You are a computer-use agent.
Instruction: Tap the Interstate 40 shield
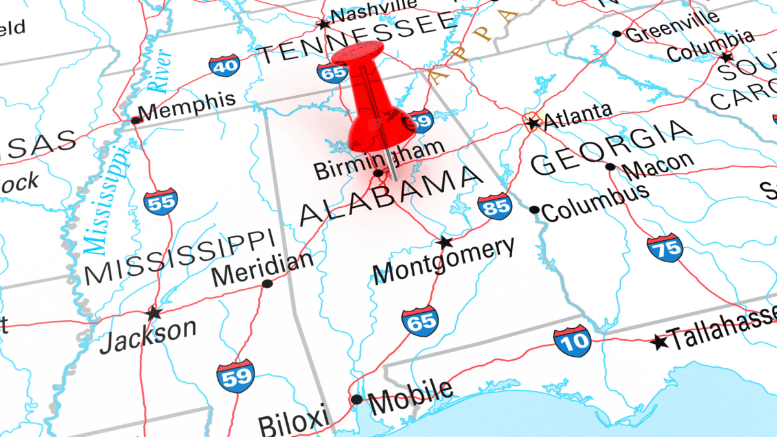[x=224, y=64]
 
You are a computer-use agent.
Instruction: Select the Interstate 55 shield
[x=161, y=201]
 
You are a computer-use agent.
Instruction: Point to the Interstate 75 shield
[x=664, y=247]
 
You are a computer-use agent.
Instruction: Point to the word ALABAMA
[x=392, y=196]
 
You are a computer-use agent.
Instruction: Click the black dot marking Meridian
[x=267, y=284]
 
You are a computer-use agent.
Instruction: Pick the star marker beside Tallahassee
[x=659, y=341]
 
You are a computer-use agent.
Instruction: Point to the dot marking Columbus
[x=534, y=210]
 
